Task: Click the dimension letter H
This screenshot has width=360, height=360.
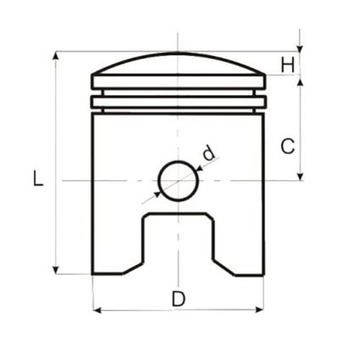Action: click(x=287, y=66)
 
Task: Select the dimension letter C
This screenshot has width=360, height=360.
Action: click(x=287, y=146)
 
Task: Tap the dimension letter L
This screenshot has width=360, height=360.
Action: click(x=38, y=178)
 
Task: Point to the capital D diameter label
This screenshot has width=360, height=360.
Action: click(x=179, y=299)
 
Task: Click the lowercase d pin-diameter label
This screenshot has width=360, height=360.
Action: click(x=209, y=153)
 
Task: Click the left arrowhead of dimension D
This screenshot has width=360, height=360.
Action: click(x=96, y=310)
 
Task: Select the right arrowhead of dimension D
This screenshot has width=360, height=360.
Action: click(x=260, y=310)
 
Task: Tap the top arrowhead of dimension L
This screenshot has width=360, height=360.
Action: click(x=55, y=55)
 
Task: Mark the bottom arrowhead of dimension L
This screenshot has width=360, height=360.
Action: click(x=55, y=270)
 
